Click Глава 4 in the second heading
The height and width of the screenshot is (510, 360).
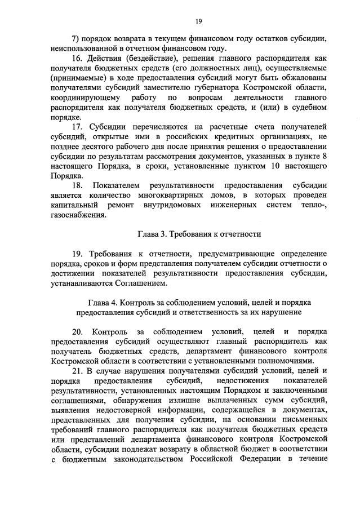tap(105, 303)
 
